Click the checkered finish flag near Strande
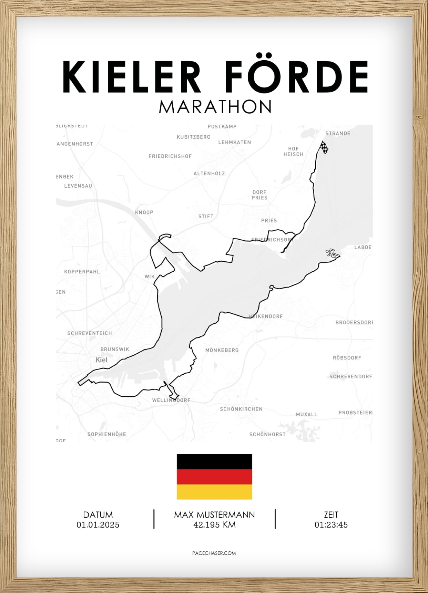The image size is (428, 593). [x=324, y=147]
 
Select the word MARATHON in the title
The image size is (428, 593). [x=215, y=107]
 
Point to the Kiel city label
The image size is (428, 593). [x=101, y=360]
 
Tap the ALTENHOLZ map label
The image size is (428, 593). [x=209, y=174]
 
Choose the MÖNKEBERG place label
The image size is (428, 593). [x=222, y=350]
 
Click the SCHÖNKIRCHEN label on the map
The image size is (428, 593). [x=241, y=409]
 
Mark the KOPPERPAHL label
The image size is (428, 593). [x=82, y=272]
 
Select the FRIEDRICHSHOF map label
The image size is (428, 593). [x=170, y=156]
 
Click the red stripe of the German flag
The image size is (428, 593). [x=214, y=477]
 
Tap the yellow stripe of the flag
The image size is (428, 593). [x=214, y=492]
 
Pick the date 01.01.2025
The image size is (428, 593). [x=98, y=525]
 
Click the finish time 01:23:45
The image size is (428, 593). [x=331, y=525]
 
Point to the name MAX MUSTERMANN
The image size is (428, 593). [x=214, y=515]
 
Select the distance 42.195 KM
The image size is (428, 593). [x=214, y=525]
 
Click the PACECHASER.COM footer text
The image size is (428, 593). [x=214, y=553]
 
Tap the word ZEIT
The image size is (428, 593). [x=331, y=515]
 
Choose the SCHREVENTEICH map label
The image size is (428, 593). [x=90, y=333]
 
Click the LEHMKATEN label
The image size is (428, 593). [x=234, y=142]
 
